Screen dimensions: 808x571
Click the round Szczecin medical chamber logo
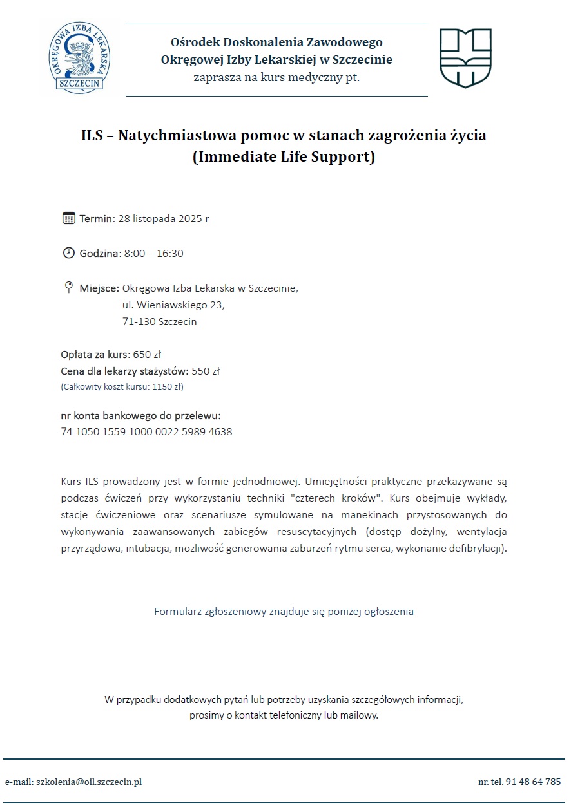click(81, 59)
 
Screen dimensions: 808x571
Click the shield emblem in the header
click(465, 58)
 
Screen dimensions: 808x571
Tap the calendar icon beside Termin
click(69, 218)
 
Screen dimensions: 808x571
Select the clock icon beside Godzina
click(69, 253)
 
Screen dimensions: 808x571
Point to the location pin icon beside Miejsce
click(69, 287)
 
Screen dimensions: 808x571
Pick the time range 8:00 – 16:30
click(153, 254)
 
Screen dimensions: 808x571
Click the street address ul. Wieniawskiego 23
click(173, 305)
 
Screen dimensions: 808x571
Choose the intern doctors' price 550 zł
click(206, 371)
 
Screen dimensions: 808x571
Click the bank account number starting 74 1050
click(146, 432)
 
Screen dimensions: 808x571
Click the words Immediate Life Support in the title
click(284, 157)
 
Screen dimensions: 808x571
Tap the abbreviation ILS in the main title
click(94, 136)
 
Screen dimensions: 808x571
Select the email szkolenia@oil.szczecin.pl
click(88, 782)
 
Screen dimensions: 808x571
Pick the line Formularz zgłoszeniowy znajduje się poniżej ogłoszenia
click(284, 612)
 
